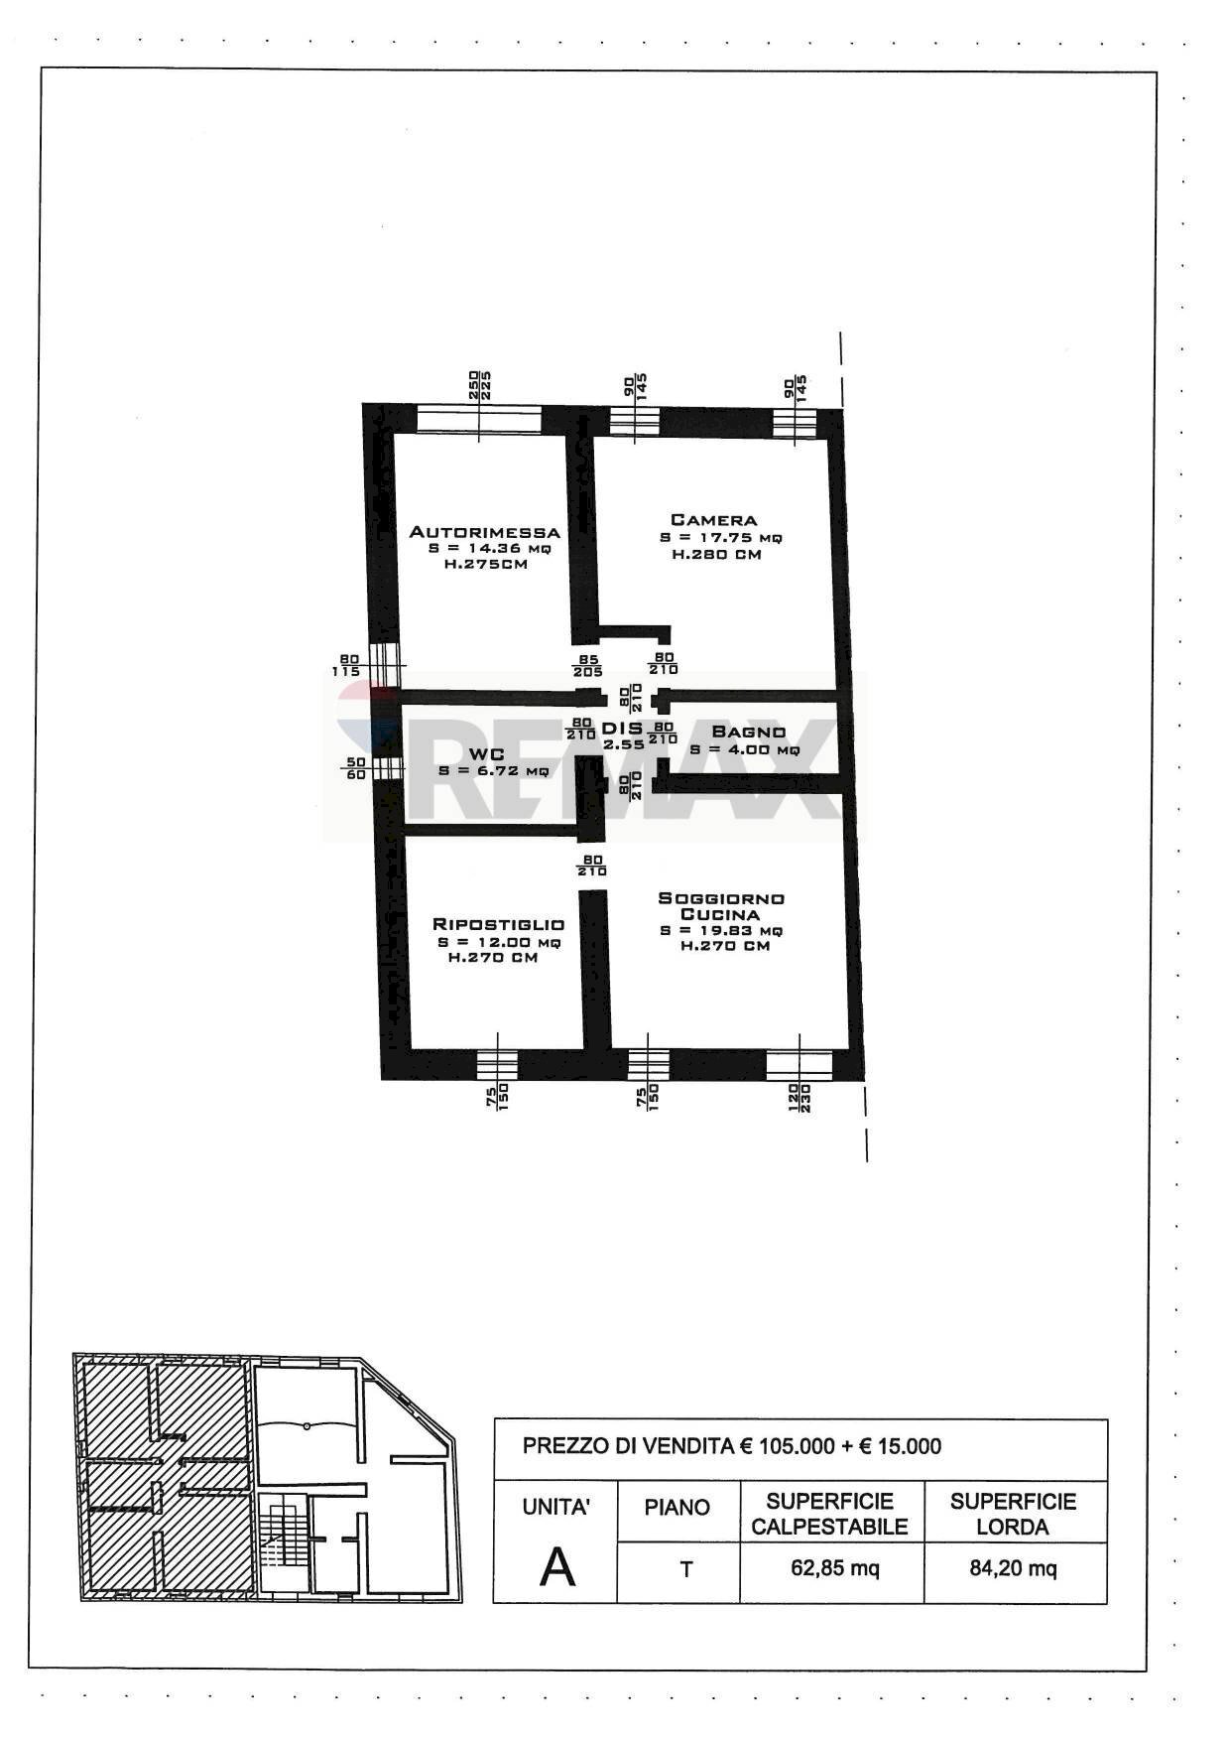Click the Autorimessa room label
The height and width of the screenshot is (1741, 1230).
point(485,532)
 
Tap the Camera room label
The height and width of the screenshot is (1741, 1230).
point(713,520)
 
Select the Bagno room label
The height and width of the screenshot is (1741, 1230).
point(748,733)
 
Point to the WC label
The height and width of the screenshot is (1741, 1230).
point(487,754)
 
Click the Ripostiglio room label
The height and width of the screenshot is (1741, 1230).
point(498,924)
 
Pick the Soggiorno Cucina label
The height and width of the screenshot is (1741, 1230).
point(721,906)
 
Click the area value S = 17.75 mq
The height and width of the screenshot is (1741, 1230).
point(721,538)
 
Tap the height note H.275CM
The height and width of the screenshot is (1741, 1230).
point(485,565)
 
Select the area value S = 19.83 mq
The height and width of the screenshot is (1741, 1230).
point(721,931)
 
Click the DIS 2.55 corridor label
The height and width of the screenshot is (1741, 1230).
point(623,735)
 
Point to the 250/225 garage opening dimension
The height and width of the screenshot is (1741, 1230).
point(480,385)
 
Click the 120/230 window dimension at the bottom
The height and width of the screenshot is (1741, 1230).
point(799,1097)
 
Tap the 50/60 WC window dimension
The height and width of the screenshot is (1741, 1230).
point(355,768)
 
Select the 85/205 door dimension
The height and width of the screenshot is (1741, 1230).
point(587,664)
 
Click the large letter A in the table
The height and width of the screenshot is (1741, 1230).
point(556,1568)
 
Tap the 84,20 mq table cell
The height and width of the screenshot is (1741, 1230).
point(1013,1568)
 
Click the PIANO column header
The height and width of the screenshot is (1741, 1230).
point(677,1508)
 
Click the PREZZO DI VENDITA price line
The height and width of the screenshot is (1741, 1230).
point(732,1446)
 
